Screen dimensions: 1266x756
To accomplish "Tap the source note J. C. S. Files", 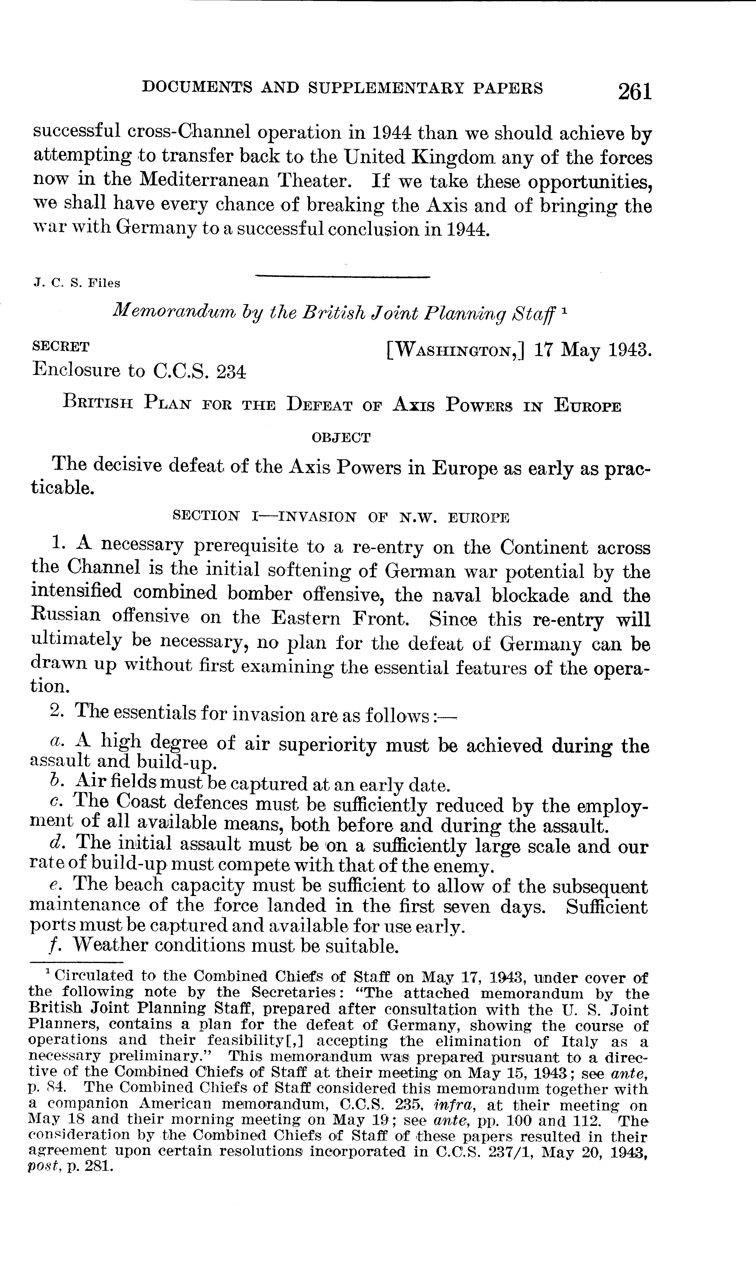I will pyautogui.click(x=76, y=283).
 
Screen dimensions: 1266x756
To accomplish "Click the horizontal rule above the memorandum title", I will pyautogui.click(x=342, y=276).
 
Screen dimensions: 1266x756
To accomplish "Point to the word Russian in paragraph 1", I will pyautogui.click(x=66, y=615).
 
